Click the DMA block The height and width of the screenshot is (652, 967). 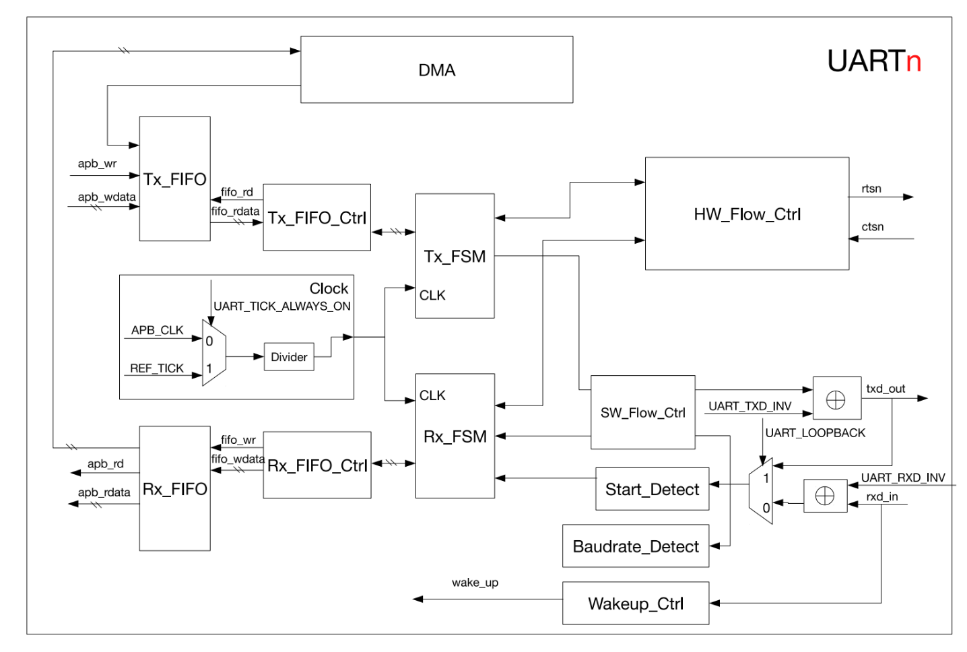tap(436, 70)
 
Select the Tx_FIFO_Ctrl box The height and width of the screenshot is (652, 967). tap(316, 218)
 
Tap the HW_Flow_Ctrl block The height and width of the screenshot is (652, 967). tap(747, 214)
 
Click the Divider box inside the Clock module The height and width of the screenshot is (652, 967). tap(289, 357)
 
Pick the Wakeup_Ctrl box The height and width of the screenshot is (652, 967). tap(635, 604)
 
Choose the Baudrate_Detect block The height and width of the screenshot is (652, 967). tap(635, 546)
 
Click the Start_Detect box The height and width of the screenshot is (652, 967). tap(652, 490)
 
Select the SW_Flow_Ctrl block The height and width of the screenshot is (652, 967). tap(642, 413)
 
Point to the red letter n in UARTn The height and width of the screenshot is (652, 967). tap(913, 62)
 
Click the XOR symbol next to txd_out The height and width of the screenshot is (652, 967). tap(836, 401)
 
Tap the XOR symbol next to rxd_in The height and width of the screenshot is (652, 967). tap(825, 496)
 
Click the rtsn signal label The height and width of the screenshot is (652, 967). tap(871, 189)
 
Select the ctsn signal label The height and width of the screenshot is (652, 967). tap(872, 227)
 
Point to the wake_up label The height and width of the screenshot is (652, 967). tap(475, 583)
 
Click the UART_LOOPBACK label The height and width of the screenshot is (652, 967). tap(815, 433)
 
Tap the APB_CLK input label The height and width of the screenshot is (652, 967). tap(157, 330)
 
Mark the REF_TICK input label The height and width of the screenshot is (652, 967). tap(156, 368)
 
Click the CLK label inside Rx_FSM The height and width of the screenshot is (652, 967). tap(432, 395)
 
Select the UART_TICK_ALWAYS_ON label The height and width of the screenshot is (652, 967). tap(281, 306)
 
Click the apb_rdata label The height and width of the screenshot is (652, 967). tap(104, 492)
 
